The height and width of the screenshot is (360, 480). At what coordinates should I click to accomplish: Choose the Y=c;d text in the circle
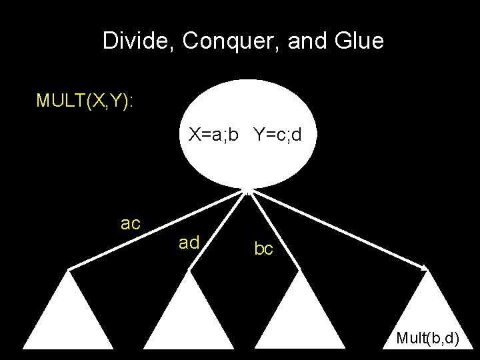click(277, 135)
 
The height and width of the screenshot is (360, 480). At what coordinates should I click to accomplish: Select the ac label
click(131, 223)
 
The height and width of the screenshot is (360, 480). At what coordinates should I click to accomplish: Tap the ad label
click(189, 243)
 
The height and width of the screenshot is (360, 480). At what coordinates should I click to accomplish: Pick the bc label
click(263, 249)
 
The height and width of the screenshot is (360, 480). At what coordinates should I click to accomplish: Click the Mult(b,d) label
click(427, 338)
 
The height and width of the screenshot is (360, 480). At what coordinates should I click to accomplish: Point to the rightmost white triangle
click(427, 307)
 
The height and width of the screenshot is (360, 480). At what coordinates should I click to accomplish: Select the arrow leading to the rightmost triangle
click(340, 230)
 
